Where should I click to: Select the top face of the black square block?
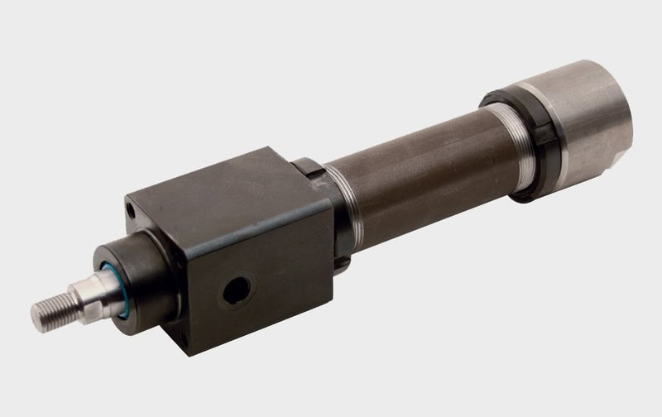223,186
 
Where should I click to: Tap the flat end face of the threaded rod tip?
36,313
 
